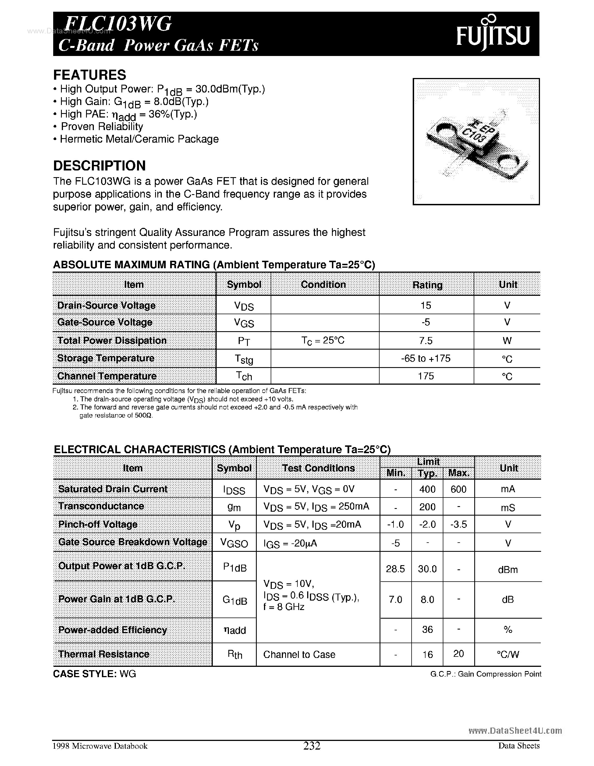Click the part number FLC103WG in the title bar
click(118, 25)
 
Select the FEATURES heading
click(89, 75)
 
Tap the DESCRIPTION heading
click(99, 165)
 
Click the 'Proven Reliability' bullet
click(102, 127)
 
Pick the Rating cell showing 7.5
click(426, 341)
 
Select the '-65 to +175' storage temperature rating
click(426, 358)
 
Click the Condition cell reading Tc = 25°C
click(323, 341)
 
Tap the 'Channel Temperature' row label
click(107, 376)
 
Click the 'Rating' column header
click(427, 285)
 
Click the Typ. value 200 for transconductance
click(427, 507)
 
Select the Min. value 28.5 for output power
click(395, 569)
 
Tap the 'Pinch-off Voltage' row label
click(97, 524)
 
